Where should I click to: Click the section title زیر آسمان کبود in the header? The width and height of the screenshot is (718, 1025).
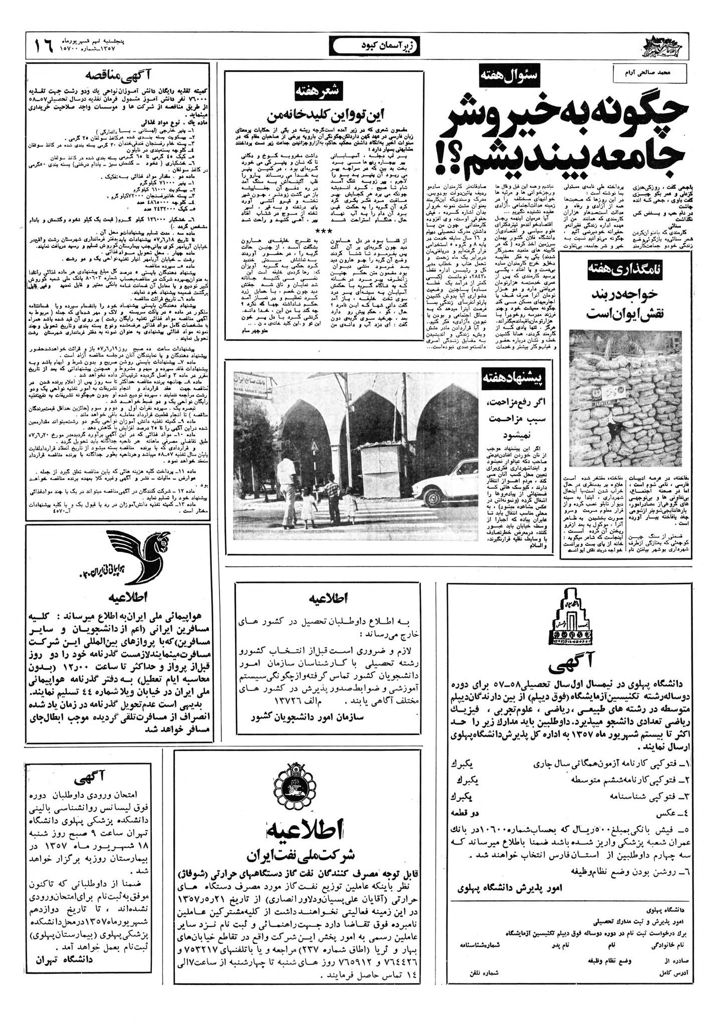[x=375, y=46]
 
